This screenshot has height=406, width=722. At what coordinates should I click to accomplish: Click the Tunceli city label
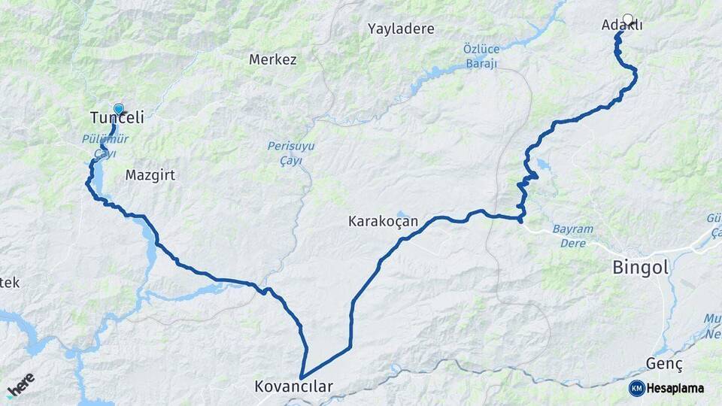click(117, 118)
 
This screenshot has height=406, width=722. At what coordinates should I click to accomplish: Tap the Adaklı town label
click(622, 26)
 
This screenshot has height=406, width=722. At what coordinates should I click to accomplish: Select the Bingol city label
click(640, 267)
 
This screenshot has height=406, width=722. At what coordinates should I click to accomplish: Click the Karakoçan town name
click(383, 222)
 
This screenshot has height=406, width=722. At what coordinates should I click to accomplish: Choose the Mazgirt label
click(150, 175)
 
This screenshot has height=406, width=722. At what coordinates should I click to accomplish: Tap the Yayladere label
click(401, 29)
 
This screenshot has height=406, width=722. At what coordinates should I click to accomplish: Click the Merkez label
click(272, 59)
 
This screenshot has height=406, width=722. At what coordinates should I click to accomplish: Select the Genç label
click(664, 364)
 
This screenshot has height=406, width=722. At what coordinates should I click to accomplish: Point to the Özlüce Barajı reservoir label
click(481, 56)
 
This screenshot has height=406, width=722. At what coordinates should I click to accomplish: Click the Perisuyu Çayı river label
click(285, 153)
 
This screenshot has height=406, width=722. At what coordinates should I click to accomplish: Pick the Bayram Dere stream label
click(573, 235)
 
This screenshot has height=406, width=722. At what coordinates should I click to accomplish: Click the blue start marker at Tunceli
click(118, 109)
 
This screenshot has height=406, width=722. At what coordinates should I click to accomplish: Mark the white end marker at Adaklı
click(628, 19)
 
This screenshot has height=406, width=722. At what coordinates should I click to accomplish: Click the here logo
click(20, 384)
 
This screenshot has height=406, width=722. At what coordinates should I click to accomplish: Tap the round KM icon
click(636, 388)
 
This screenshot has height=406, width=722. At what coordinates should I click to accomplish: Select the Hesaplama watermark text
click(675, 388)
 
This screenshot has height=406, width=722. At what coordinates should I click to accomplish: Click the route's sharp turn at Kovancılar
click(301, 377)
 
